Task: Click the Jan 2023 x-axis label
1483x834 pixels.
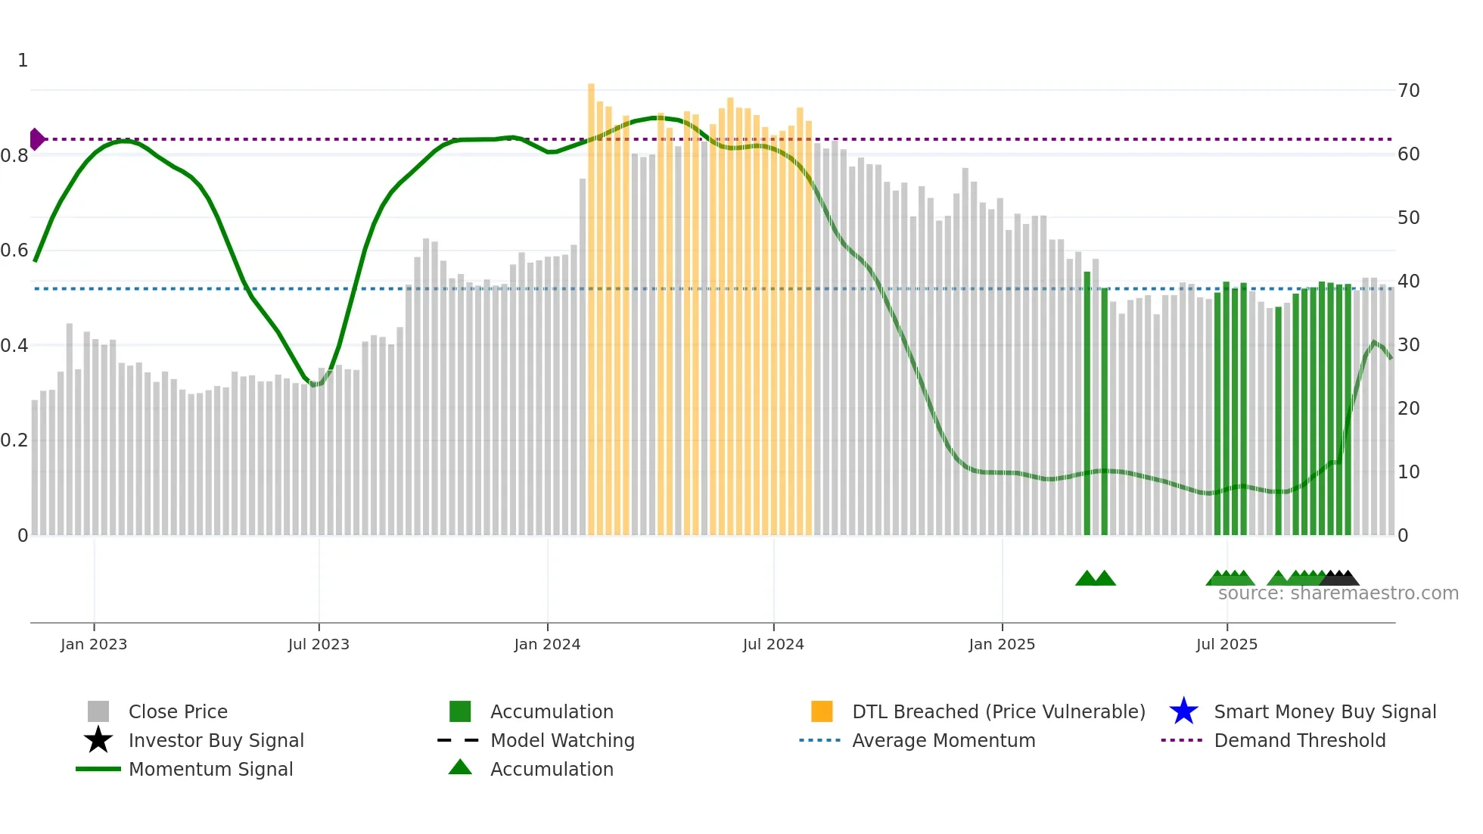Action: coord(94,645)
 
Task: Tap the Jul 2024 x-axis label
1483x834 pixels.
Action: coord(773,645)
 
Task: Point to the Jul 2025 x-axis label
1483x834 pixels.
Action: coord(1227,645)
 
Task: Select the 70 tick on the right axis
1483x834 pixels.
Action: coord(1409,91)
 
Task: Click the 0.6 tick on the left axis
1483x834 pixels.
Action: coord(14,251)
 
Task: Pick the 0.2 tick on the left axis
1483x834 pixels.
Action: coord(14,440)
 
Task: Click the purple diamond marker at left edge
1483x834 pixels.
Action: coord(36,139)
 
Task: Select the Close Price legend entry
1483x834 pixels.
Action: coord(178,712)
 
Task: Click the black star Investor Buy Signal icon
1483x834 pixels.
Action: coord(98,740)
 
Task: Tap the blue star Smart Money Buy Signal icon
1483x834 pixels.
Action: coord(1183,712)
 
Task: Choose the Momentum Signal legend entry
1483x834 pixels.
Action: coord(210,770)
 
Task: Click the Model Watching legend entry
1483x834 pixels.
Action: coord(562,741)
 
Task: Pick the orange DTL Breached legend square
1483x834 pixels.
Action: coord(822,712)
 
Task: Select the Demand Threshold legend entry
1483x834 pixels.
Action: coord(1299,741)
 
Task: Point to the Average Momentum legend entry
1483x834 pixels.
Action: coord(944,741)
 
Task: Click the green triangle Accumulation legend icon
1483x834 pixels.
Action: coord(460,768)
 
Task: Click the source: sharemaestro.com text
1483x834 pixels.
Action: coord(1338,593)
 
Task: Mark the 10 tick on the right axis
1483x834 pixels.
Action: coord(1409,472)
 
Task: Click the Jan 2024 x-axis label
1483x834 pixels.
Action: coord(547,645)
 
